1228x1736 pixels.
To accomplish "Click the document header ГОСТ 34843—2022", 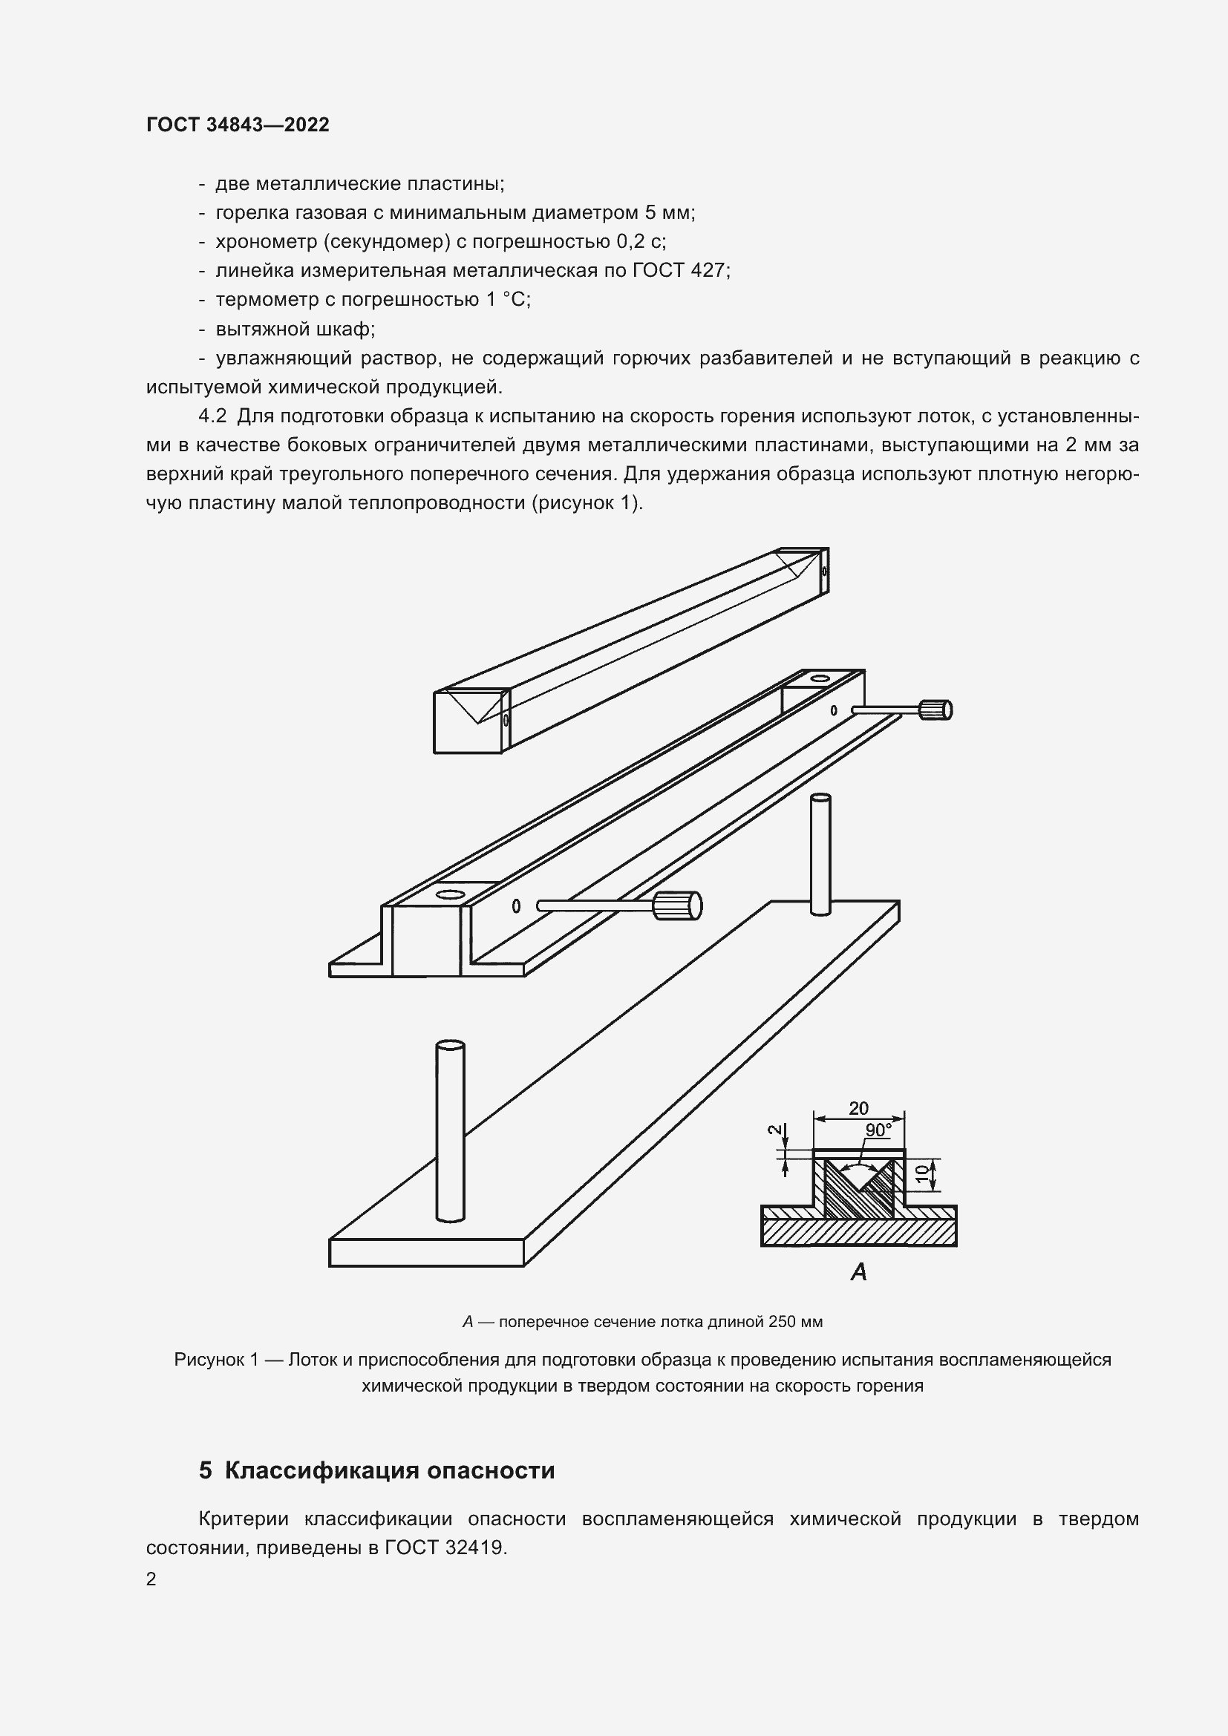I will [x=238, y=125].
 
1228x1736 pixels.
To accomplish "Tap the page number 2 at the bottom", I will [x=151, y=1579].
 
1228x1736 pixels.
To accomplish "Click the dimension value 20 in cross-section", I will [x=858, y=1108].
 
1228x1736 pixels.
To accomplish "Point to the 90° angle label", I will [x=878, y=1130].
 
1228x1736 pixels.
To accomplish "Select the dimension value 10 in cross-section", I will [x=921, y=1173].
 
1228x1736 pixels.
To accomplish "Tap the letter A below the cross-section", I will [x=858, y=1272].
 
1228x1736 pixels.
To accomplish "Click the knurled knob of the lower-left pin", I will [x=679, y=905].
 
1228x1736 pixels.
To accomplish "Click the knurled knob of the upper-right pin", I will [x=935, y=710].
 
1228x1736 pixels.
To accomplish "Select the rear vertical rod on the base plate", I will [x=820, y=854].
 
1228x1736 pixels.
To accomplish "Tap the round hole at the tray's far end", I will [x=818, y=678].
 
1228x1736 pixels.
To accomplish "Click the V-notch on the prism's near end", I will [x=477, y=707].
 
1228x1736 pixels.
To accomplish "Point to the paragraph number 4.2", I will [x=212, y=416].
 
